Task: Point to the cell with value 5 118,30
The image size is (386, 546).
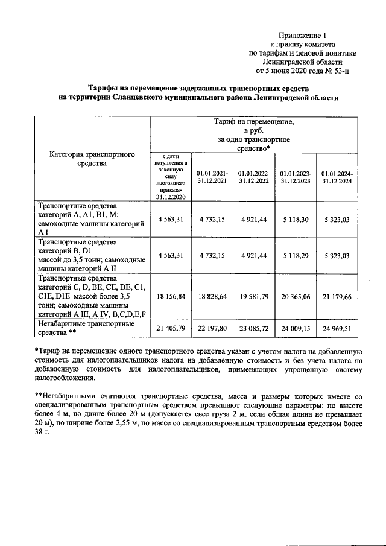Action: coord(295,219)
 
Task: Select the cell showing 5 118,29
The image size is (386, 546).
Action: coord(295,255)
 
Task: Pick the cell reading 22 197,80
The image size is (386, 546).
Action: coord(212,328)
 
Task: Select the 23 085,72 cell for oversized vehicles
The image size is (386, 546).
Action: coord(253,328)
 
